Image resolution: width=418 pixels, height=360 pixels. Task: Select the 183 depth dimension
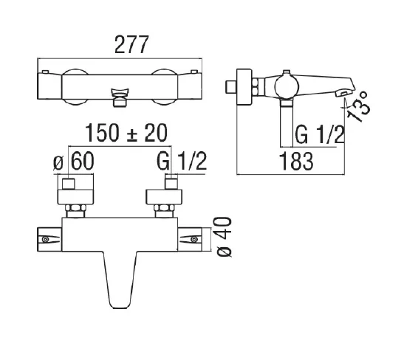pos(296,161)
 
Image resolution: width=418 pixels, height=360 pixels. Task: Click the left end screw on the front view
pos(45,239)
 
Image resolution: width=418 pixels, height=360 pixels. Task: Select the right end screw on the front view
pos(195,239)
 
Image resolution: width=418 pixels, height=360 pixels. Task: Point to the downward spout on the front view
pos(120,280)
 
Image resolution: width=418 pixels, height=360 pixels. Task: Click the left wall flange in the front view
pos(75,197)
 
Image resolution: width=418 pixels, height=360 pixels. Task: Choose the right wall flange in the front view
pos(164,197)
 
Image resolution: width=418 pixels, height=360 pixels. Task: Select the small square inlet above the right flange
pos(171,184)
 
